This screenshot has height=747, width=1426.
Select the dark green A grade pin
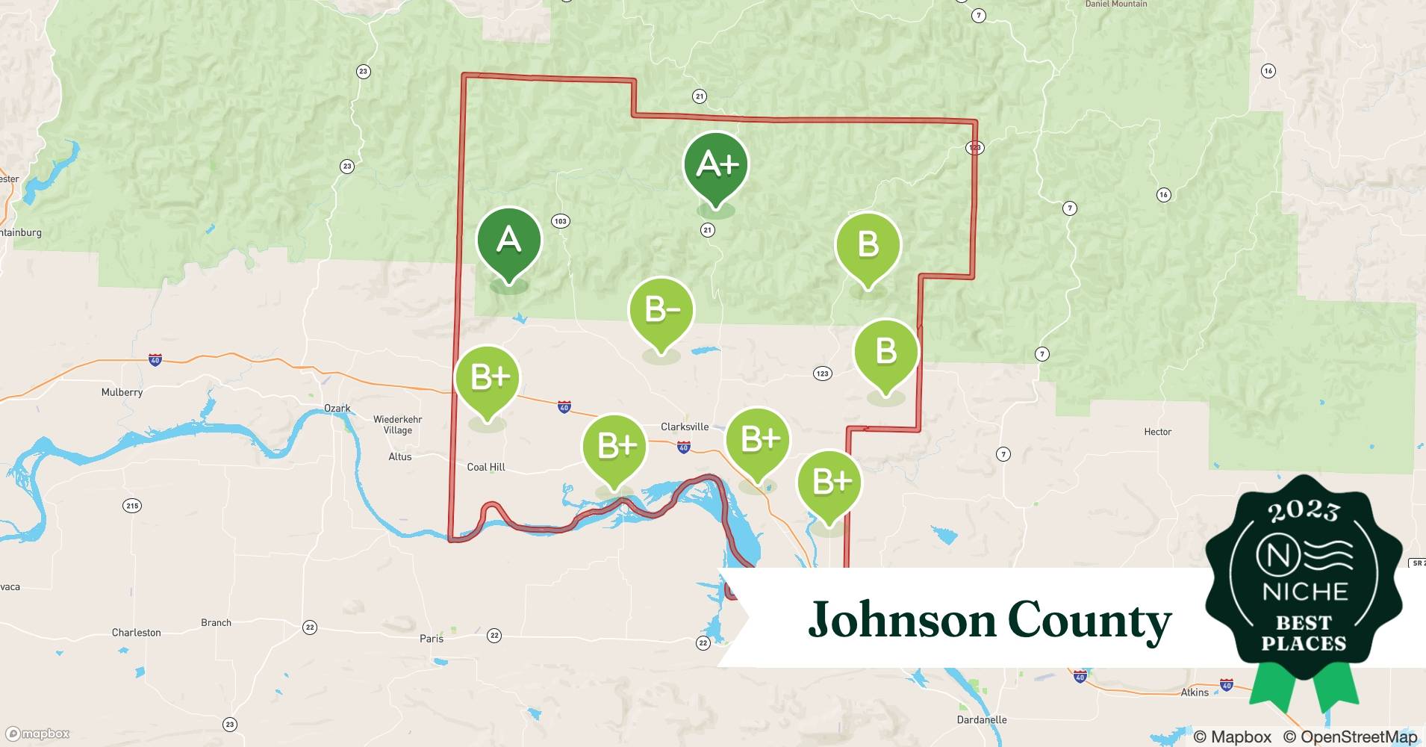508,241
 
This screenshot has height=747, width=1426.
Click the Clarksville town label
685,427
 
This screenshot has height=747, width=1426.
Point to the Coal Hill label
486,468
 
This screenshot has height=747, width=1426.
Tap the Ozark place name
337,409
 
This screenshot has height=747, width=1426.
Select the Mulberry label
122,392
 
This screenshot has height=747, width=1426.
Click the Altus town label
400,457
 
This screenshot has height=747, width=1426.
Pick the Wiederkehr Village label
397,425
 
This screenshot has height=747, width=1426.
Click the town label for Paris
432,639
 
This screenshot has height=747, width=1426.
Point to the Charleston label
136,633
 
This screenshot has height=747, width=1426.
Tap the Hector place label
1157,432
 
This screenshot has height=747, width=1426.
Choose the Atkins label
1195,692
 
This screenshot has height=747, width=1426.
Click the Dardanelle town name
982,720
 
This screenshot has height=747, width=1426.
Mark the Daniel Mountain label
1116,4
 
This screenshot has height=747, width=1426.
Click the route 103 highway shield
561,221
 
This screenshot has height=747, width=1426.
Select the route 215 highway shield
132,506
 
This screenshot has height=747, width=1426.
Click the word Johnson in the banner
902,620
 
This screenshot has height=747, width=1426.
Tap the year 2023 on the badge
1304,512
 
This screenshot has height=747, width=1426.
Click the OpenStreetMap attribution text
1350,737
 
